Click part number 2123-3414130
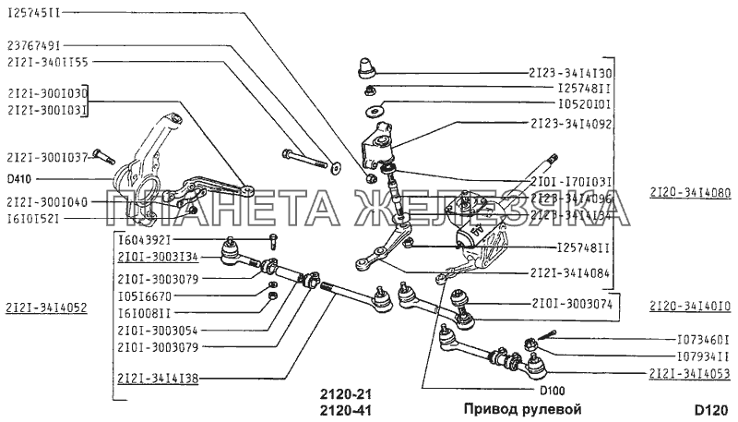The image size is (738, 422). (570, 71)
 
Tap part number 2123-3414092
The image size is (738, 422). (570, 121)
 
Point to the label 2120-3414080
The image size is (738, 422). (688, 193)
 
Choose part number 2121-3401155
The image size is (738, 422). (46, 62)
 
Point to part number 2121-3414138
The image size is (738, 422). (159, 377)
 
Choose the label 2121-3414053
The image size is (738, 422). (688, 372)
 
